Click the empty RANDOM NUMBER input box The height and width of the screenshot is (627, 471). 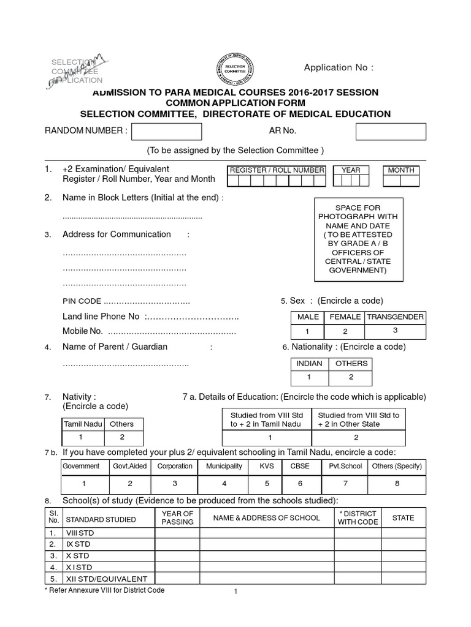tap(167, 132)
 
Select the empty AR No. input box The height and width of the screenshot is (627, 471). tap(391, 132)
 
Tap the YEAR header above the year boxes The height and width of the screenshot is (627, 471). tap(351, 170)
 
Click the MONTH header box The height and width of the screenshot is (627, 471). tap(401, 170)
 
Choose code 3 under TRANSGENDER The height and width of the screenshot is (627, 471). tap(396, 331)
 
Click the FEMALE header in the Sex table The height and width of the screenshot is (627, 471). tap(345, 317)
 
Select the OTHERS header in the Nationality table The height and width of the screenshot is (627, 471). tap(351, 363)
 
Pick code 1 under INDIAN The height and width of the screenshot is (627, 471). tap(309, 377)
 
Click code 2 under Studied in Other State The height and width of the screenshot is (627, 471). tap(358, 438)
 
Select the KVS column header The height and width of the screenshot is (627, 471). tap(267, 466)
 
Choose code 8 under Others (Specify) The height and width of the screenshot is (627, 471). tap(397, 483)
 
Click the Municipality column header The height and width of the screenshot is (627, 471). tap(224, 466)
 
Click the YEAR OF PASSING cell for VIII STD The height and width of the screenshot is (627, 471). tap(177, 533)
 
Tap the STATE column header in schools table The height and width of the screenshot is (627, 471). tap(403, 518)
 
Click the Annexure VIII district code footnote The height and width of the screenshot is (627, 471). tap(104, 590)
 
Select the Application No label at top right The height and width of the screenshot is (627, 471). tap(338, 68)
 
